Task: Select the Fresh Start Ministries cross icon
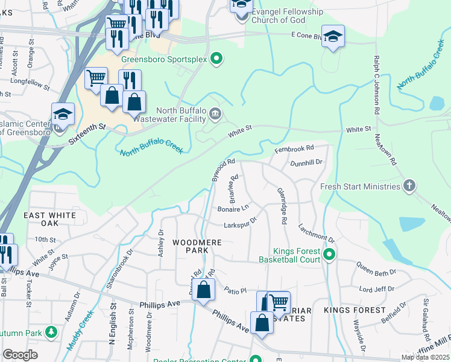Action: point(410,186)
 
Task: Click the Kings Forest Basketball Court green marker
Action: point(329,255)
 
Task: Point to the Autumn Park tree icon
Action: point(51,332)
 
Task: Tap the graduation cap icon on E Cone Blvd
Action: point(333,37)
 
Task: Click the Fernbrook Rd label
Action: point(294,148)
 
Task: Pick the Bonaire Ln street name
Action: point(233,208)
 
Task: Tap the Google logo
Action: point(20,355)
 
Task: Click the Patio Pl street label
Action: point(236,290)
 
